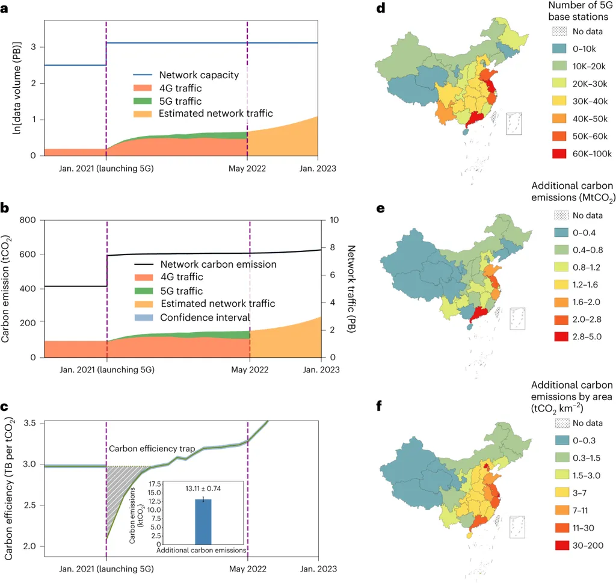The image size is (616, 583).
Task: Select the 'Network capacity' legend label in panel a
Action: (x=199, y=75)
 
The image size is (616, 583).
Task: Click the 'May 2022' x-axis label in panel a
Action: (x=247, y=168)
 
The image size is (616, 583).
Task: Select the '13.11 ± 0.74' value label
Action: (x=203, y=488)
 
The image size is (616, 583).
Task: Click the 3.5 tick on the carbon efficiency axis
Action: (x=31, y=423)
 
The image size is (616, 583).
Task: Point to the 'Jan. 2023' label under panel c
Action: (x=317, y=569)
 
